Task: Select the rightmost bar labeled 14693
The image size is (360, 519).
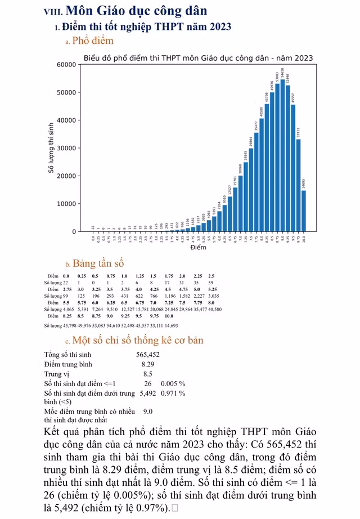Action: [x=304, y=211]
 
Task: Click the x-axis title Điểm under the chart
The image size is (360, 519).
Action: [x=198, y=248]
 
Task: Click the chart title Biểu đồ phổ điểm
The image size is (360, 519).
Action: [x=198, y=58]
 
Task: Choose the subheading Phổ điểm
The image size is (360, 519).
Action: [x=93, y=41]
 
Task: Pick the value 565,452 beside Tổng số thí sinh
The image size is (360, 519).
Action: [x=148, y=355]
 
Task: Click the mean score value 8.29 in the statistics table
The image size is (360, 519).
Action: [x=148, y=365]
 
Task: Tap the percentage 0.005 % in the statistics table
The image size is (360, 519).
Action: [x=173, y=384]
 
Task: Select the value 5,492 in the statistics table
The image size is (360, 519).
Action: [x=147, y=393]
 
